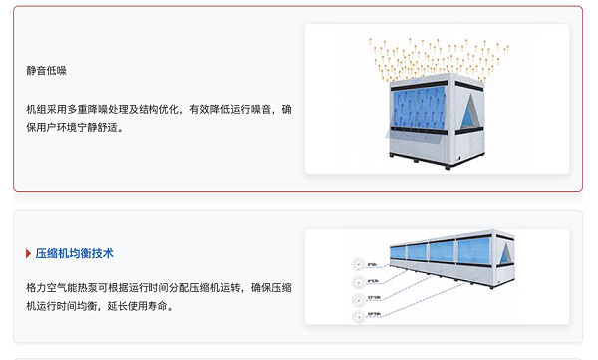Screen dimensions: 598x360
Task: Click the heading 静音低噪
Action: pyautogui.click(x=47, y=71)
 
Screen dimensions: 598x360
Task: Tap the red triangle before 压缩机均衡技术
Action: pyautogui.click(x=29, y=253)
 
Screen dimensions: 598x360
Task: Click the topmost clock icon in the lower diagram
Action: pyautogui.click(x=359, y=265)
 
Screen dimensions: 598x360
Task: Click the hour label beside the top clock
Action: pyautogui.click(x=373, y=264)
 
